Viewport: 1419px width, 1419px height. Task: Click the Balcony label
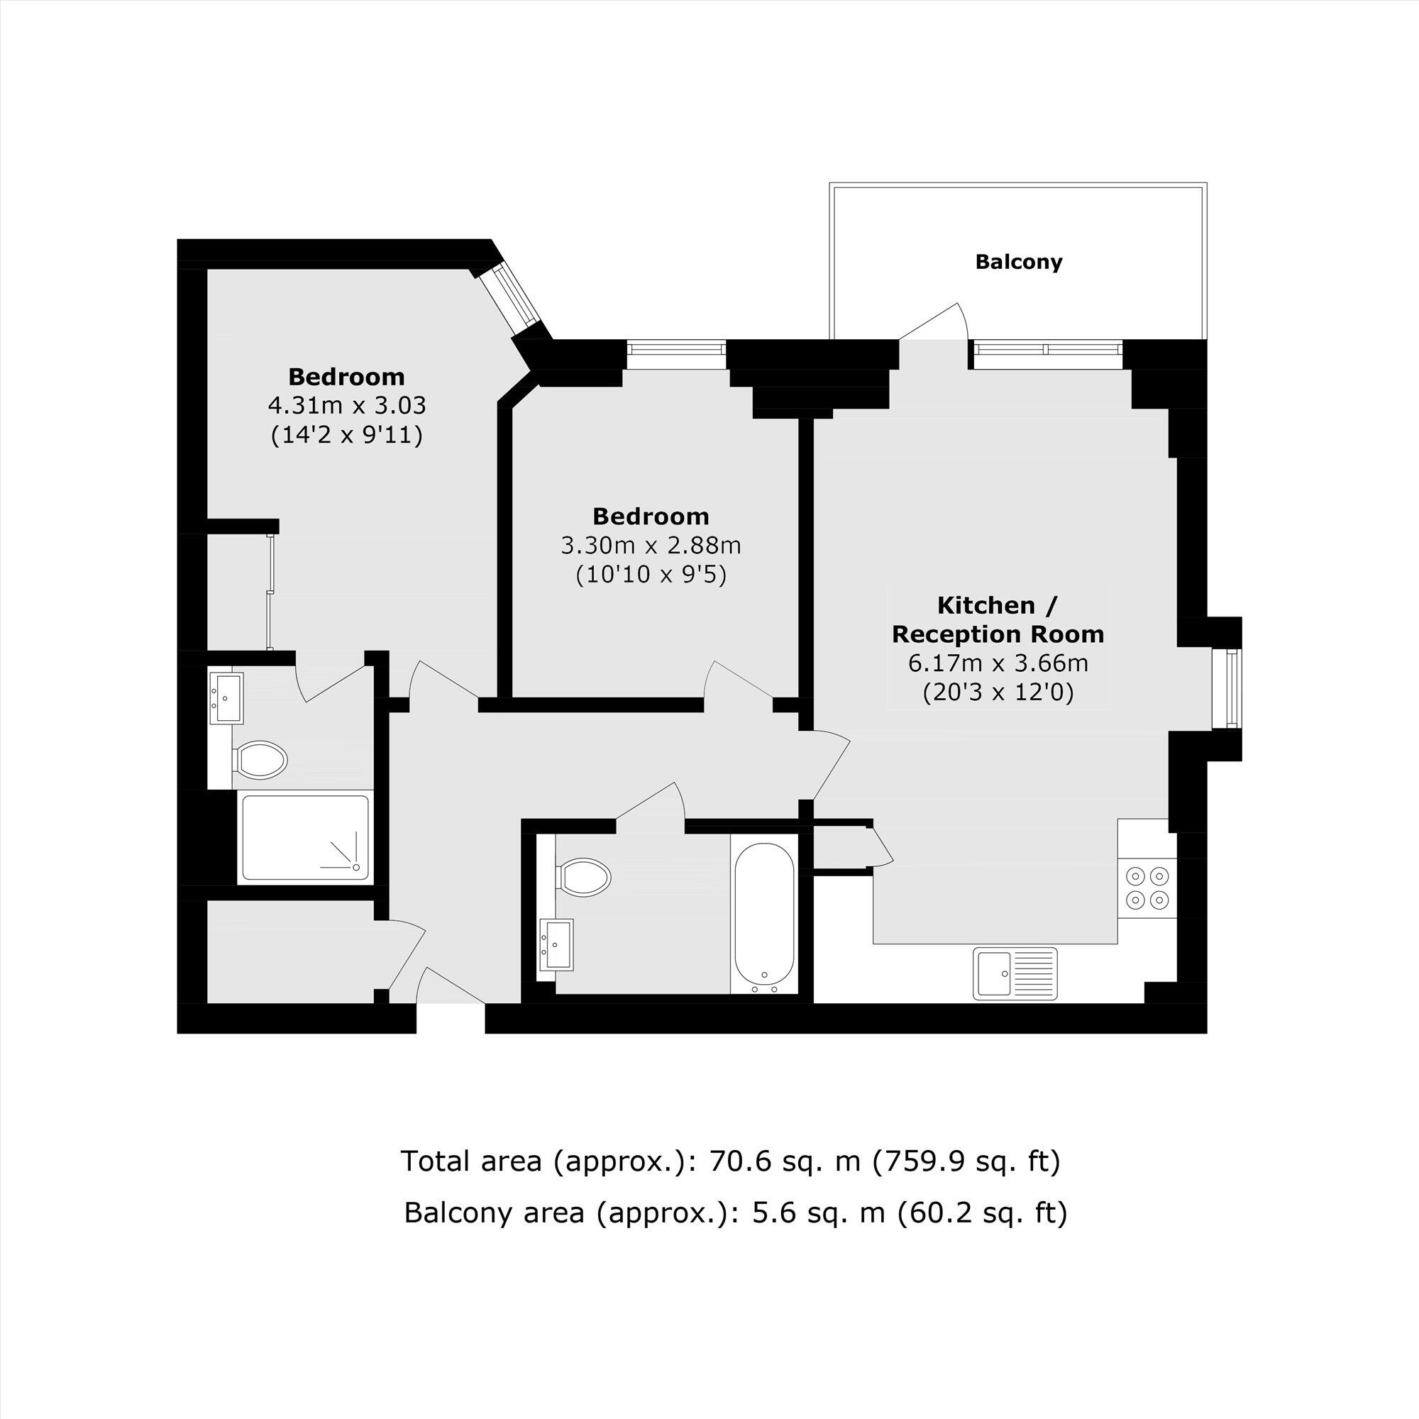(1018, 263)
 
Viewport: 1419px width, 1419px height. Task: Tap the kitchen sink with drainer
(1015, 973)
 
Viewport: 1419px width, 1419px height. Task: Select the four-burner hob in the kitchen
(1148, 888)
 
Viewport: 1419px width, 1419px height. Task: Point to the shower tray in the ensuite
(306, 837)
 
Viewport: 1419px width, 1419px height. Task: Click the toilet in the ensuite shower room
(259, 758)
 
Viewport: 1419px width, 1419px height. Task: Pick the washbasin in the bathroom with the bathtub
(556, 944)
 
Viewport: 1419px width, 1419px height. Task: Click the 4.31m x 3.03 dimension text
(348, 405)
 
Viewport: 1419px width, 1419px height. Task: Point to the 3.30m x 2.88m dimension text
(651, 546)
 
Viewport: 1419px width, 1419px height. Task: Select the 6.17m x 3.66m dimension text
(998, 663)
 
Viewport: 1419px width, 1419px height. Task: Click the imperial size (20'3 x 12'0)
(998, 692)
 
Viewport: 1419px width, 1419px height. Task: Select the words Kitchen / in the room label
(998, 606)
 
